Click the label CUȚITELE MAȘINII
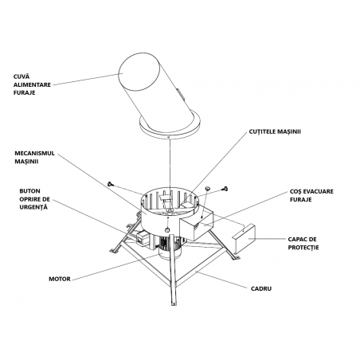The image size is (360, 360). click(x=275, y=131)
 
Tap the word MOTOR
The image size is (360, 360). click(x=60, y=279)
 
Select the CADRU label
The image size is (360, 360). click(x=261, y=288)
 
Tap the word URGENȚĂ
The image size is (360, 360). click(x=33, y=207)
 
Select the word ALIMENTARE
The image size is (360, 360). click(x=32, y=84)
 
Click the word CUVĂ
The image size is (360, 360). click(x=22, y=76)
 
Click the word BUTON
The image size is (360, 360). click(x=29, y=191)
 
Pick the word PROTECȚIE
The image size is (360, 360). click(x=303, y=248)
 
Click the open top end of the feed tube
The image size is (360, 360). click(x=139, y=71)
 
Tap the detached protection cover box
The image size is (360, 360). click(x=244, y=238)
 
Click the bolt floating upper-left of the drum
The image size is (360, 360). click(x=111, y=183)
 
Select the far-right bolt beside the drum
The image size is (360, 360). click(x=225, y=189)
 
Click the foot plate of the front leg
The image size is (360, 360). click(x=174, y=303)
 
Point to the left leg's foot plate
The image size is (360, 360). click(x=114, y=251)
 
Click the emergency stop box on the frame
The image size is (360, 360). click(x=142, y=238)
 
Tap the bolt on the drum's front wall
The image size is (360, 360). click(x=167, y=229)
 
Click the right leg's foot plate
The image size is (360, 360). click(x=236, y=257)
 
